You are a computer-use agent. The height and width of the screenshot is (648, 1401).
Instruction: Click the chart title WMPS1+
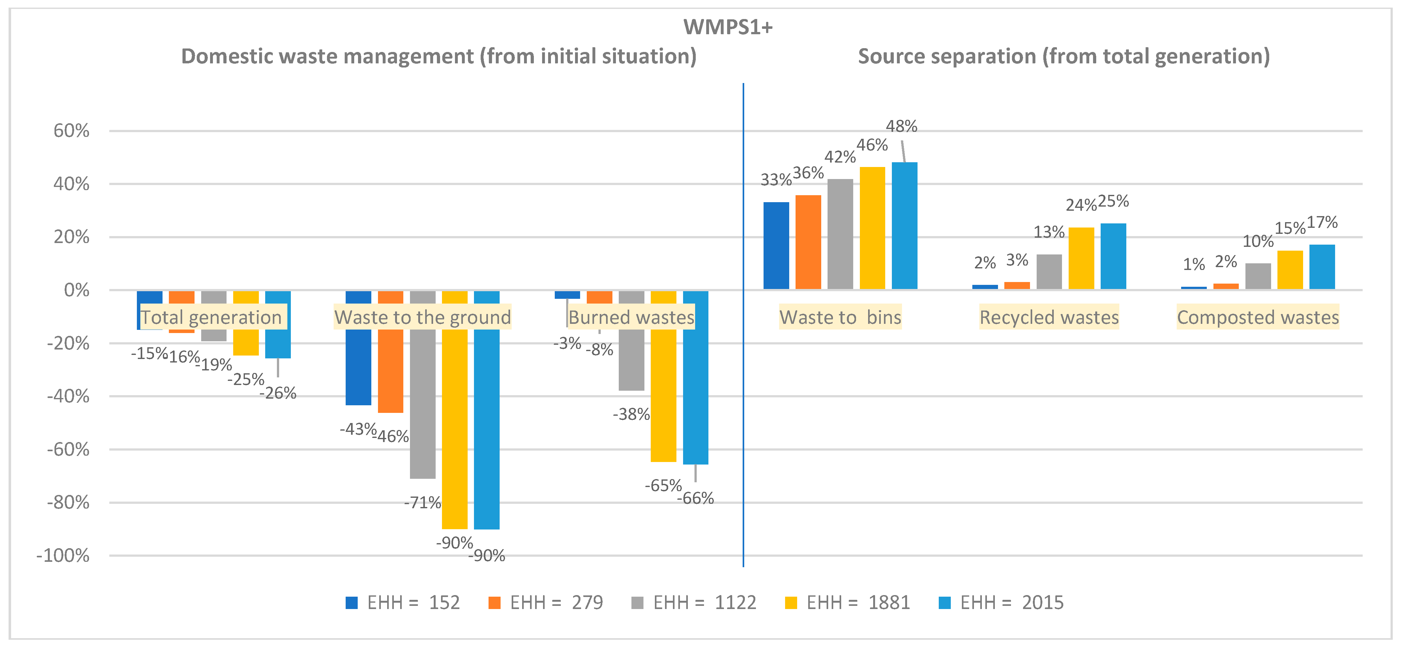click(728, 27)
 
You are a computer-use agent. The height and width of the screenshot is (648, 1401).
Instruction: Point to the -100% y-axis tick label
click(62, 555)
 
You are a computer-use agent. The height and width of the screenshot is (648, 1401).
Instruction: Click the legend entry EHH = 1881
click(847, 602)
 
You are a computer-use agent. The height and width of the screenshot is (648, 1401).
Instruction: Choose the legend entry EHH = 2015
click(1001, 602)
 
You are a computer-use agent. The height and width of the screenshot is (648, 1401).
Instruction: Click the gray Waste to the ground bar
click(423, 385)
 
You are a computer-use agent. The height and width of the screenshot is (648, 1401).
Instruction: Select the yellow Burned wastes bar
click(663, 376)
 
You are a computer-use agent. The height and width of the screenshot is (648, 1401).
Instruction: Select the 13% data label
click(1049, 232)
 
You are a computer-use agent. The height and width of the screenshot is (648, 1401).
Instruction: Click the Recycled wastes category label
click(1049, 317)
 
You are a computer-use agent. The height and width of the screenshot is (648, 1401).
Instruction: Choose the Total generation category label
click(212, 317)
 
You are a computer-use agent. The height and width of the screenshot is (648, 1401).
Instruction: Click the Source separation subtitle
click(1064, 56)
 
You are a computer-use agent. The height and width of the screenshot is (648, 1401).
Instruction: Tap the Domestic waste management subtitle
click(439, 56)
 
